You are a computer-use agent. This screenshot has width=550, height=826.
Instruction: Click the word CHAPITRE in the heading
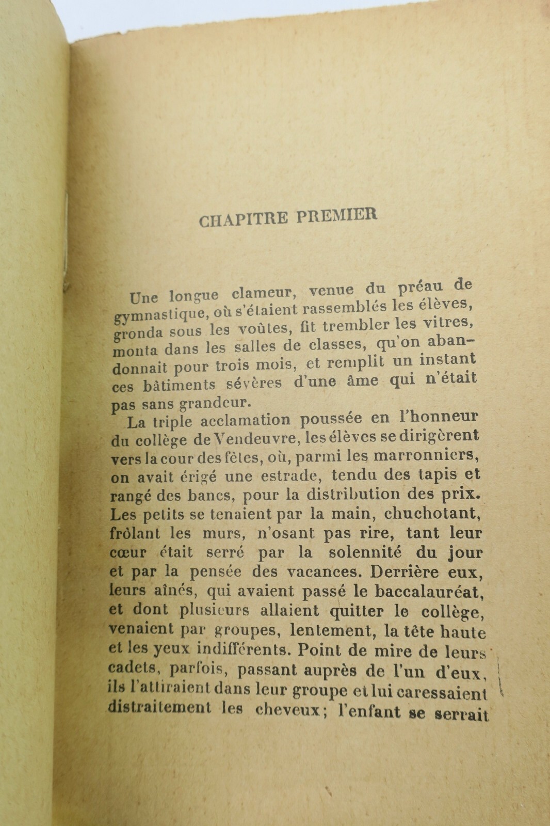(x=244, y=219)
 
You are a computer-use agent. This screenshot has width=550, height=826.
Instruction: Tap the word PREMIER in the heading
(x=337, y=215)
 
